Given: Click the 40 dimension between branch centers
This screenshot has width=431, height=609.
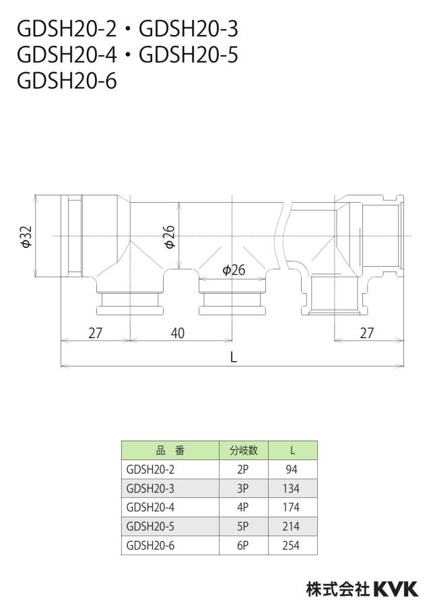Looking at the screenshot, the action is [177, 333].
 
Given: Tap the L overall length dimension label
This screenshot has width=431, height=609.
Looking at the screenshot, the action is [234, 357].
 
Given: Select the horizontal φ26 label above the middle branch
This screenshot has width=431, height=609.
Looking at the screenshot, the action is [234, 269].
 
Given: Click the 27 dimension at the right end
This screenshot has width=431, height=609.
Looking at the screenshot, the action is [366, 333].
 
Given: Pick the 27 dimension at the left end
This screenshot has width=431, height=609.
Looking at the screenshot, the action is [95, 333].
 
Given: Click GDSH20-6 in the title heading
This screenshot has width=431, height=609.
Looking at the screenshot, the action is [67, 82].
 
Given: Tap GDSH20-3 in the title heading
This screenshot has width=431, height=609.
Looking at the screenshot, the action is [189, 29].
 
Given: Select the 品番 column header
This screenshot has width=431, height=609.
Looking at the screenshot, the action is [170, 451].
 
